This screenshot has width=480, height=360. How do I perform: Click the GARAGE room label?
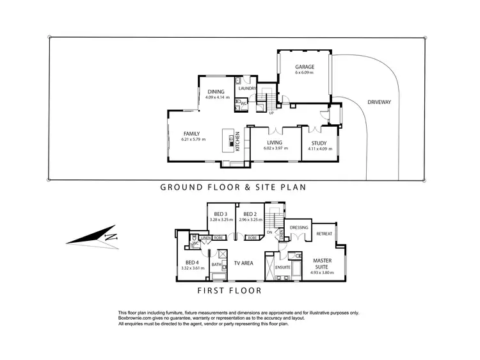pyautogui.click(x=303, y=67)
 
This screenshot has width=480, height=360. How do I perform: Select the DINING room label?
pyautogui.click(x=215, y=92)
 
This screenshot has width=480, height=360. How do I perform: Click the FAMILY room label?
pyautogui.click(x=192, y=133)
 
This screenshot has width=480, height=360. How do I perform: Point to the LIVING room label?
pyautogui.click(x=275, y=143)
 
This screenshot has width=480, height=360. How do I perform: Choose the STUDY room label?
pyautogui.click(x=318, y=143)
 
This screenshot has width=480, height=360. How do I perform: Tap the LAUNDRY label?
pyautogui.click(x=247, y=88)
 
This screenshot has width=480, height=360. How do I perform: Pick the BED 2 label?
pyautogui.click(x=250, y=214)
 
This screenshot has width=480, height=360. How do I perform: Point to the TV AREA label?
pyautogui.click(x=244, y=263)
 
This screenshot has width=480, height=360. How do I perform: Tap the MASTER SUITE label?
pyautogui.click(x=322, y=264)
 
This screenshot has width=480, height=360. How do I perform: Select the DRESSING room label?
pyautogui.click(x=299, y=227)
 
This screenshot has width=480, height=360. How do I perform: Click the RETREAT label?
pyautogui.click(x=324, y=234)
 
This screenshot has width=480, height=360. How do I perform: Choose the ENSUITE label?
pyautogui.click(x=284, y=266)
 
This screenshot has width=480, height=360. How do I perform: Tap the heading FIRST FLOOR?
pyautogui.click(x=229, y=291)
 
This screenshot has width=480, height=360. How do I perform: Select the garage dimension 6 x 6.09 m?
pyautogui.click(x=303, y=73)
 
